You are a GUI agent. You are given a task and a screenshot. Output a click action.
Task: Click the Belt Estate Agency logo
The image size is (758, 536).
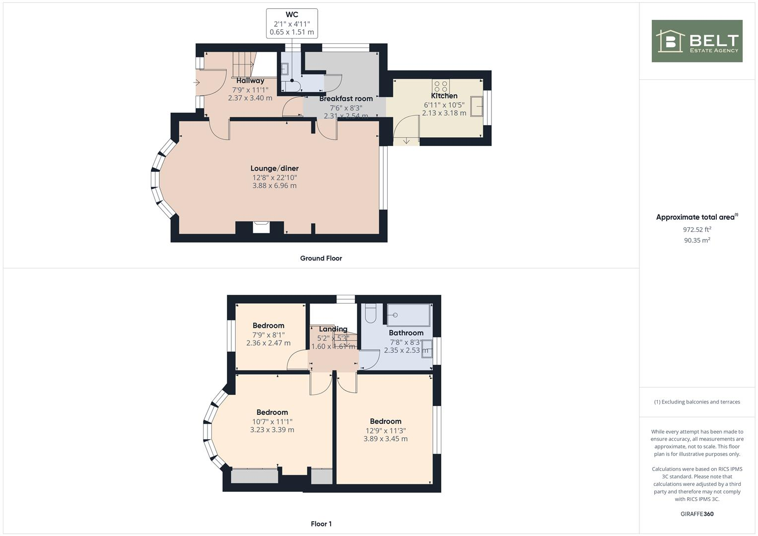tap(696, 41)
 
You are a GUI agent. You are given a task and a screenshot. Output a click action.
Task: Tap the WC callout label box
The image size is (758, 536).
tap(292, 23)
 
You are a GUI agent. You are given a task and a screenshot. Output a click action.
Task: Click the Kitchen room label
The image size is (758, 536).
tap(444, 96)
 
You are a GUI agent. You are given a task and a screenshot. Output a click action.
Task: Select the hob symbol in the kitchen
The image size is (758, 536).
tap(441, 86)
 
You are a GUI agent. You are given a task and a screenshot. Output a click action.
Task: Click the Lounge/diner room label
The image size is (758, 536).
tap(275, 168)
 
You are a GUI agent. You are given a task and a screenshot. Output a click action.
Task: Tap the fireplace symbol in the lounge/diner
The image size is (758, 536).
tap(261, 227)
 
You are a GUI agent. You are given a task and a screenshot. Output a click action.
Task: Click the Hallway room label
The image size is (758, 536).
tap(250, 80)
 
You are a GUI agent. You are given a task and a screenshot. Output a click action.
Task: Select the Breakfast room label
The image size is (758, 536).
tap(346, 98)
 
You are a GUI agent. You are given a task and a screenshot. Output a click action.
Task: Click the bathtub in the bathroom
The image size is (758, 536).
tap(409, 315)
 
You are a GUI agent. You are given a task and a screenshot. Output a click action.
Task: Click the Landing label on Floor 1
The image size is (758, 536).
tap(333, 329)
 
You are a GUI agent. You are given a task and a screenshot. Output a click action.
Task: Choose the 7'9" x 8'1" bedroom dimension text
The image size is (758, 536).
tap(269, 335)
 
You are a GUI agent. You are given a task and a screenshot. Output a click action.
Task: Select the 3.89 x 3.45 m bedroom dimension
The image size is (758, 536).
tap(386, 439)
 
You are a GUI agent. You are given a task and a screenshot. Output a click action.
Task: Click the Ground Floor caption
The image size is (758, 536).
tap(321, 258)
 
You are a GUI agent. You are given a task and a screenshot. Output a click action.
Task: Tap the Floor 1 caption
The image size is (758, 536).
tap(321, 524)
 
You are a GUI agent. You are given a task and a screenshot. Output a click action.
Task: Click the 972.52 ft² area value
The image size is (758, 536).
tap(696, 229)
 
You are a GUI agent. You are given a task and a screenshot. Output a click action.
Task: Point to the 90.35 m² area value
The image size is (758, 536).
tap(696, 240)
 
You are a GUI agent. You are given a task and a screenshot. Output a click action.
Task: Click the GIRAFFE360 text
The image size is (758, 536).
tap(696, 514)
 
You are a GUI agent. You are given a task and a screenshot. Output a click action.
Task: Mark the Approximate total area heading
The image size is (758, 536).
tap(696, 217)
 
